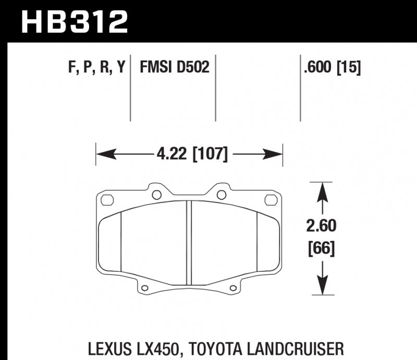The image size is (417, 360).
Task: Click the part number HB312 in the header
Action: pyautogui.click(x=73, y=22)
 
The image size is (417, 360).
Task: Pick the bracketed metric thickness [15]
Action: pyautogui.click(x=349, y=68)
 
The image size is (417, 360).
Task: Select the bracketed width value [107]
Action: pyautogui.click(x=210, y=154)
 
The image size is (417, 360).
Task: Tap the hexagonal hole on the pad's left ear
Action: pyautogui.click(x=107, y=199)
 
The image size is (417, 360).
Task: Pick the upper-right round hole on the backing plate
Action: pyautogui.click(x=221, y=195)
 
